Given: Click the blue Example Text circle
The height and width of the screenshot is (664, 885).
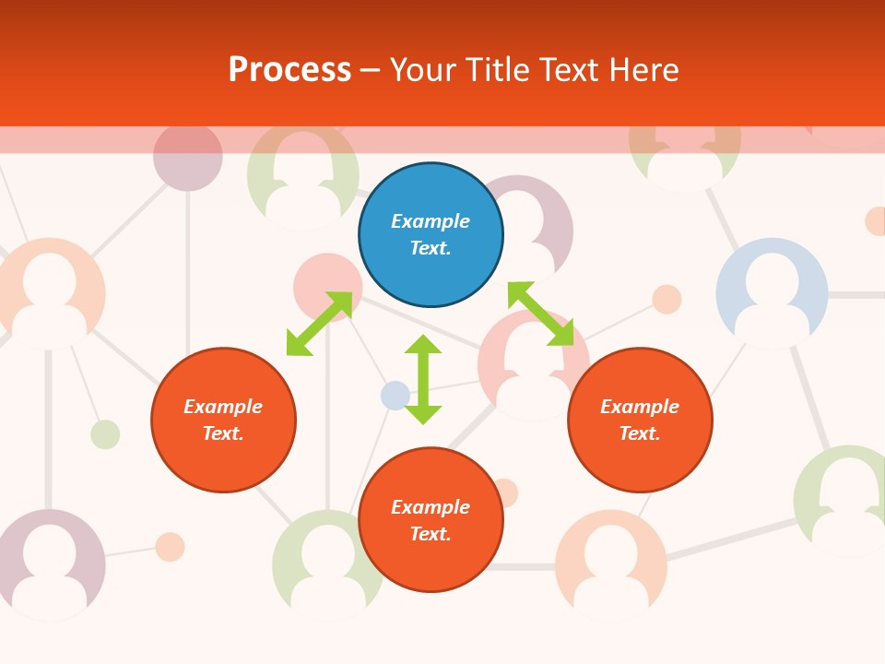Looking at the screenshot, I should [431, 235].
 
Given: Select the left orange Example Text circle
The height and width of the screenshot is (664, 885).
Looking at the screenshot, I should [223, 420].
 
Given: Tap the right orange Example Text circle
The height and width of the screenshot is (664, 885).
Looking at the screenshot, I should [640, 420].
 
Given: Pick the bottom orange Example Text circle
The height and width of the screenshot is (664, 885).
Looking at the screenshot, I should [431, 520].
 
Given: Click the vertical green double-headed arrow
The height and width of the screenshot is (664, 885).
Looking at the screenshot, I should [423, 379].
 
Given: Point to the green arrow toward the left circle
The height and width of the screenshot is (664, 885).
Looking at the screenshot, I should [319, 324].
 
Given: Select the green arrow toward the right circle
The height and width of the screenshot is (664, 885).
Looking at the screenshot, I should [540, 314].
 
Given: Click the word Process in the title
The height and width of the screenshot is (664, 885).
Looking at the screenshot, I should [289, 70].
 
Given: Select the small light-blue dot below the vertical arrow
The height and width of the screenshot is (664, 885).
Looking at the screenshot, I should [395, 396].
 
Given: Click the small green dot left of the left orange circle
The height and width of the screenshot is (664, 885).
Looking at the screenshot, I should [105, 434].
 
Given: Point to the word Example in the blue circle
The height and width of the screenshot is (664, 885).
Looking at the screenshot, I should [431, 221].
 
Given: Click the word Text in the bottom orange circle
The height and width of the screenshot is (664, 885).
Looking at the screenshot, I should [431, 534].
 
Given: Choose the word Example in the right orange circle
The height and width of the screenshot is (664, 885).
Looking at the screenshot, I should [640, 407].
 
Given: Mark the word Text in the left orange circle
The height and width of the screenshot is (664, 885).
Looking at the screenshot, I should [223, 433].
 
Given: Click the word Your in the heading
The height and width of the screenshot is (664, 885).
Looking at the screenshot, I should [421, 70].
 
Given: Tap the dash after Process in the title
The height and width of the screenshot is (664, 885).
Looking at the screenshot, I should [370, 70].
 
